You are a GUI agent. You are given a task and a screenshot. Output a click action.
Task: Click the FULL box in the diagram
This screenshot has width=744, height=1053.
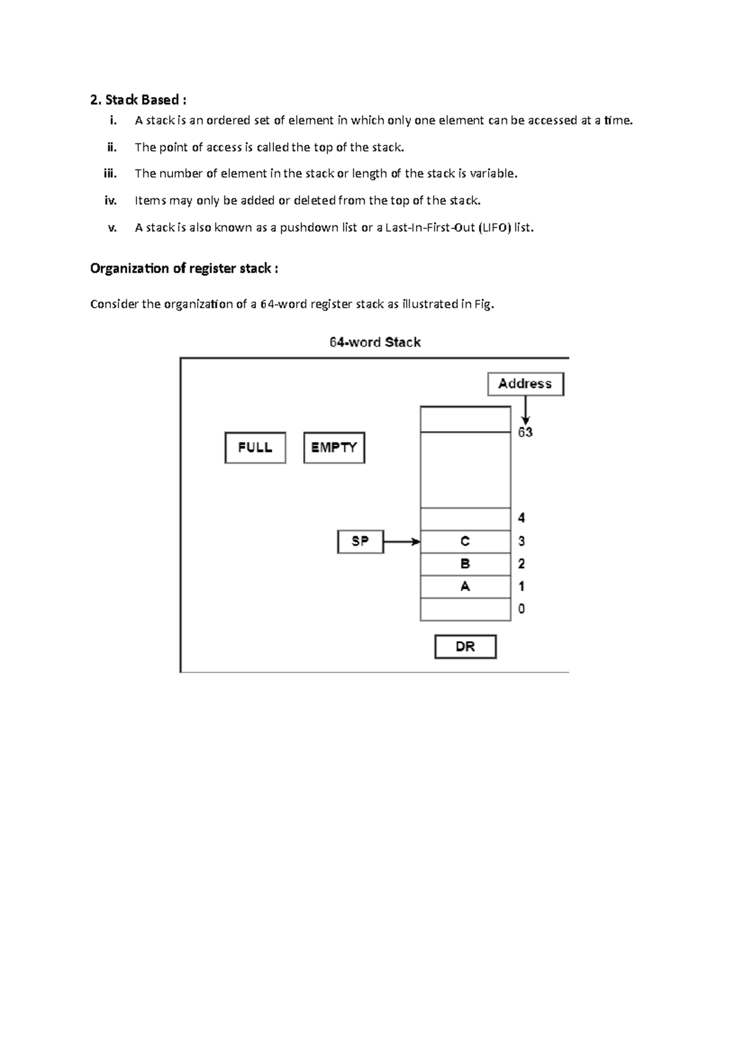255,448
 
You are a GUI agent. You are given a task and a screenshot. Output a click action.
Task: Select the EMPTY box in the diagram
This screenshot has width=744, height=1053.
334,448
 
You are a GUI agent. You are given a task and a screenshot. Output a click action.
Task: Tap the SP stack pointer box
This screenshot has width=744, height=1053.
360,541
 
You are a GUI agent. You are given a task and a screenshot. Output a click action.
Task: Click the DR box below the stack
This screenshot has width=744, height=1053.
465,647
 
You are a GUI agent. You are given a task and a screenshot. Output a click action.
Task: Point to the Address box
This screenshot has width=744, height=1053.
525,384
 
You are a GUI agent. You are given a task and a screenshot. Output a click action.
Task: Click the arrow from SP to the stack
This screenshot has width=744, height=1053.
402,542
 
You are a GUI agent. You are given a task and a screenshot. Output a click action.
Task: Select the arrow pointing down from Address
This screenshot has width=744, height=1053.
526,410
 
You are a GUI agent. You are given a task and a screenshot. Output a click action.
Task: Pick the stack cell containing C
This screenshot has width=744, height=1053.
465,541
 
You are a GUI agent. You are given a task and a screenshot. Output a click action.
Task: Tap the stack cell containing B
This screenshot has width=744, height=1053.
465,564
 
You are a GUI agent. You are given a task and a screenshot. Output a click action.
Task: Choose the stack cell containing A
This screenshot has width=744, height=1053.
465,587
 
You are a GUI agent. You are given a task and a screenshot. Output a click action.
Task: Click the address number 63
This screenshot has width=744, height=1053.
525,432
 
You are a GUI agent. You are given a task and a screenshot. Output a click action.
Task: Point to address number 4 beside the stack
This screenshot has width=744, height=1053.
521,518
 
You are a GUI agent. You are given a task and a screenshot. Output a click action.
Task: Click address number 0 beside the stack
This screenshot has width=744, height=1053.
521,609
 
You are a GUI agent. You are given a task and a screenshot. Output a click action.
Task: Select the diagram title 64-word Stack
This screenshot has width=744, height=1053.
375,342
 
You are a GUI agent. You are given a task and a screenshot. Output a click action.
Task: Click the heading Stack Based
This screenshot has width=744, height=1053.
138,100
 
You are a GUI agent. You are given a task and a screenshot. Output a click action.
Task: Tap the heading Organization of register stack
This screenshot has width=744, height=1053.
184,269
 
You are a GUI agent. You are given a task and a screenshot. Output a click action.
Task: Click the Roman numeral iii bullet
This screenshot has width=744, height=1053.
110,174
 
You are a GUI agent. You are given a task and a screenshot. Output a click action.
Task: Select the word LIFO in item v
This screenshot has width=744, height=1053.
496,228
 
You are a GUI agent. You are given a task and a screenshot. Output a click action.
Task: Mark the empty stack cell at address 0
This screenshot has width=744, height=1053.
465,610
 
